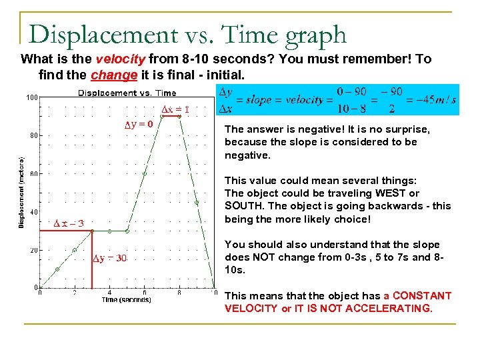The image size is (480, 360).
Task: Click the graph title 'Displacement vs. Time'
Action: [127, 93]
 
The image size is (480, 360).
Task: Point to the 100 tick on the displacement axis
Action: [31, 97]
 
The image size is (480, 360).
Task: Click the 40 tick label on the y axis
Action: [33, 212]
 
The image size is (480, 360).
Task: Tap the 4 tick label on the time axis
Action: [109, 292]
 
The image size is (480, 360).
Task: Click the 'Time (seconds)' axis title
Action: [126, 300]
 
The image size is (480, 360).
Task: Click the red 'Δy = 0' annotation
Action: [139, 123]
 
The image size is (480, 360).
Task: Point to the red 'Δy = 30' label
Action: [109, 258]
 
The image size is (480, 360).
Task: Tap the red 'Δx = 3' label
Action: [69, 223]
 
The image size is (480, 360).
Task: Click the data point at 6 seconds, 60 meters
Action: [144, 173]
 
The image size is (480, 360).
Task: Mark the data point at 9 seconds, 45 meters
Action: [197, 203]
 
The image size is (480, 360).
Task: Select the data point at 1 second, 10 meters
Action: [57, 269]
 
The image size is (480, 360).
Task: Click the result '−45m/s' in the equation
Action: [435, 100]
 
